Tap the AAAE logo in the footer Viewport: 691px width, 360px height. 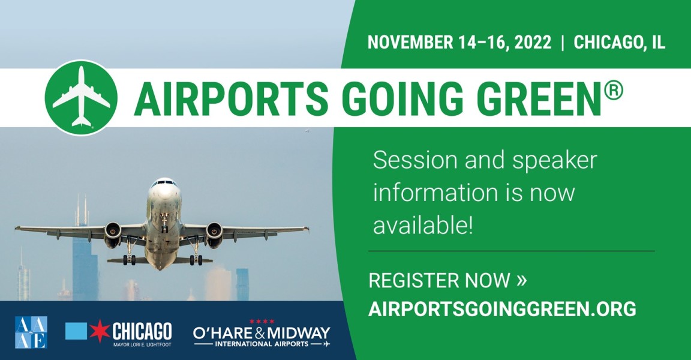[x=31, y=332]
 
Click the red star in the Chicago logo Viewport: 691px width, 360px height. [x=100, y=331]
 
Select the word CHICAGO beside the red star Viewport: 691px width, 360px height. [x=142, y=331]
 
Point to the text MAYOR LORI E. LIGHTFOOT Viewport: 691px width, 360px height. [x=142, y=344]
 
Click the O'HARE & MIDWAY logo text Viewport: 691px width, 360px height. [x=262, y=333]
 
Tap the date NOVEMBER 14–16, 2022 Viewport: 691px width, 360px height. [x=459, y=43]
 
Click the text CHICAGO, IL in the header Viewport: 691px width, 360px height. [x=619, y=43]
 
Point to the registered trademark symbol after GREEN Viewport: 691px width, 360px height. [x=614, y=91]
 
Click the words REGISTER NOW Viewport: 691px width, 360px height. [x=439, y=281]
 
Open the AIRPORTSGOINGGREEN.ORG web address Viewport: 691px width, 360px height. [x=502, y=309]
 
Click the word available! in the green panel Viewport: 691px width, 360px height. [x=423, y=226]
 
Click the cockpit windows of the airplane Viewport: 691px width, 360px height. [x=164, y=182]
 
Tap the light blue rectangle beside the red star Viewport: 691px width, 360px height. [x=76, y=331]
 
